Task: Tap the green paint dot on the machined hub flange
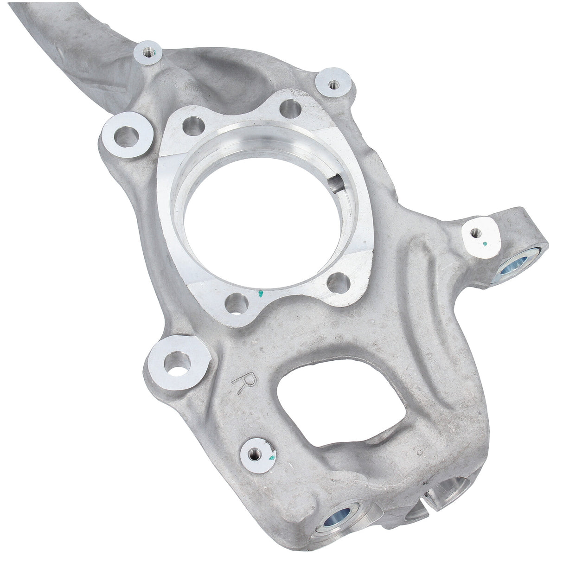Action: pyautogui.click(x=261, y=293)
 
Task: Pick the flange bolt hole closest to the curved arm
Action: pyautogui.click(x=193, y=126)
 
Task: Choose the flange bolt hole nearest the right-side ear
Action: pyautogui.click(x=337, y=282)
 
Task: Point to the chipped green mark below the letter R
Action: pyautogui.click(x=272, y=456)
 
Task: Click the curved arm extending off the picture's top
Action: pyautogui.click(x=70, y=28)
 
